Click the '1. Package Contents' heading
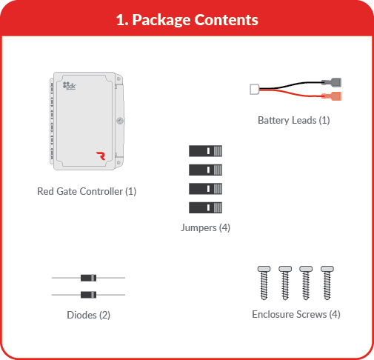pyautogui.click(x=187, y=20)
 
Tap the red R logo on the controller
pyautogui.click(x=101, y=156)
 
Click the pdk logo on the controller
pyautogui.click(x=70, y=86)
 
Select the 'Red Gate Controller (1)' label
pyautogui.click(x=87, y=191)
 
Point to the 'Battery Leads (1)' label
pyautogui.click(x=294, y=120)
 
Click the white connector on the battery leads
pyautogui.click(x=255, y=89)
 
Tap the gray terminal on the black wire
pyautogui.click(x=332, y=82)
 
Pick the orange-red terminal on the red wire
pyautogui.click(x=332, y=96)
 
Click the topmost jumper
pyautogui.click(x=205, y=151)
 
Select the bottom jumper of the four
pyautogui.click(x=205, y=207)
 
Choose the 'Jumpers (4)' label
pyautogui.click(x=205, y=227)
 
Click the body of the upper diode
pyautogui.click(x=88, y=278)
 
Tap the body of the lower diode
pyautogui.click(x=88, y=295)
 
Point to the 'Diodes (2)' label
pyautogui.click(x=89, y=315)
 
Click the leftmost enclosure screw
pyautogui.click(x=264, y=283)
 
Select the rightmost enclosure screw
pyautogui.click(x=327, y=283)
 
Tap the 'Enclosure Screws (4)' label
pyautogui.click(x=296, y=314)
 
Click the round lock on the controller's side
pyautogui.click(x=120, y=121)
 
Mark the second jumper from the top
pyautogui.click(x=205, y=170)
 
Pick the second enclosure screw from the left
pyautogui.click(x=285, y=283)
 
